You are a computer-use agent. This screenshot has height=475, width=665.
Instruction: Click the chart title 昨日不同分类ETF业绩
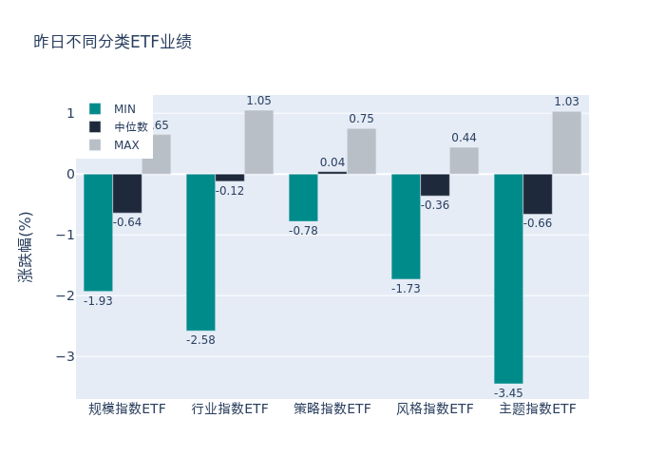pyautogui.click(x=112, y=42)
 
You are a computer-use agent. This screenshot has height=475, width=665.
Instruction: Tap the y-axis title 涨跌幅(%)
pyautogui.click(x=26, y=246)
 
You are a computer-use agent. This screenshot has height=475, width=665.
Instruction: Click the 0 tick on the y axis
pyautogui.click(x=69, y=174)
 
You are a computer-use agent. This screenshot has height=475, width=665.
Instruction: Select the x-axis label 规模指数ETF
pyautogui.click(x=127, y=408)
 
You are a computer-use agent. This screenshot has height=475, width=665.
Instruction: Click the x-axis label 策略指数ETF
pyautogui.click(x=332, y=408)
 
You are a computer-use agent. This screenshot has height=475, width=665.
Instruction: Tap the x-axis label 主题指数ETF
pyautogui.click(x=538, y=408)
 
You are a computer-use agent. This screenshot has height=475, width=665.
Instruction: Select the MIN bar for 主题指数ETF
pyautogui.click(x=508, y=278)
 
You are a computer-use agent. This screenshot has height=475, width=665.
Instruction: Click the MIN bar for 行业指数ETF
pyautogui.click(x=200, y=252)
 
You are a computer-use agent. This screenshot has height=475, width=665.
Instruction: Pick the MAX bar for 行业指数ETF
pyautogui.click(x=258, y=142)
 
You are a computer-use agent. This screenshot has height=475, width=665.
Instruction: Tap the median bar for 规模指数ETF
pyautogui.click(x=127, y=193)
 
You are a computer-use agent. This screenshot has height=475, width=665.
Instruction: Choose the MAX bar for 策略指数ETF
pyautogui.click(x=361, y=151)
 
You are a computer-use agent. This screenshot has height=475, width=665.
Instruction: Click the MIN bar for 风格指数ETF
pyautogui.click(x=406, y=226)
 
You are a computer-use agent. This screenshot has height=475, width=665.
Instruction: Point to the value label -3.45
pyautogui.click(x=508, y=392)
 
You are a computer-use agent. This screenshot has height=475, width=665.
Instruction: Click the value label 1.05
pyautogui.click(x=258, y=101)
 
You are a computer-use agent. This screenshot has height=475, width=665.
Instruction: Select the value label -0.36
pyautogui.click(x=435, y=205)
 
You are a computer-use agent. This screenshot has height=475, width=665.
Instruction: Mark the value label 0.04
pyautogui.click(x=332, y=162)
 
